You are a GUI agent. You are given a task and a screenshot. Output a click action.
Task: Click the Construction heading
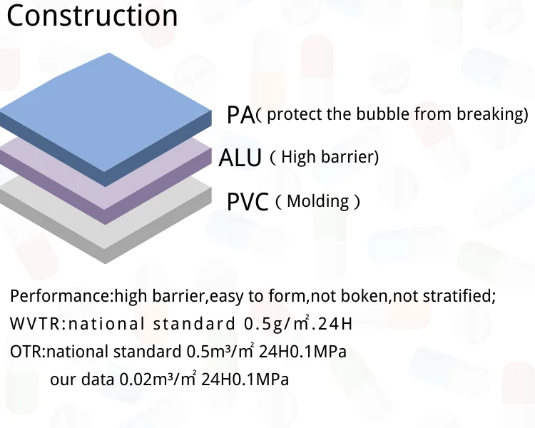point(92,16)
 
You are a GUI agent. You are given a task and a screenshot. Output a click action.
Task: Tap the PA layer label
point(241,115)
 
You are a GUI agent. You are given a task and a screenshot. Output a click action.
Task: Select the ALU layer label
point(240,158)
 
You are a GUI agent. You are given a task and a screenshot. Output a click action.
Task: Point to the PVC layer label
point(248,202)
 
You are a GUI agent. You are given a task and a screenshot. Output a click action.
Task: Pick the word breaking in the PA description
point(489,114)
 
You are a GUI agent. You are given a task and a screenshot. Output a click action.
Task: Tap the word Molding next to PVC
point(317,201)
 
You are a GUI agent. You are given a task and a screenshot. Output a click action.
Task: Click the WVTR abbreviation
point(35,323)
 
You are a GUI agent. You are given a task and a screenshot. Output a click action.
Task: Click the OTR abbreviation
point(26,352)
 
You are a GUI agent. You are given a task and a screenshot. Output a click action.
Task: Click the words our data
point(82,379)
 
